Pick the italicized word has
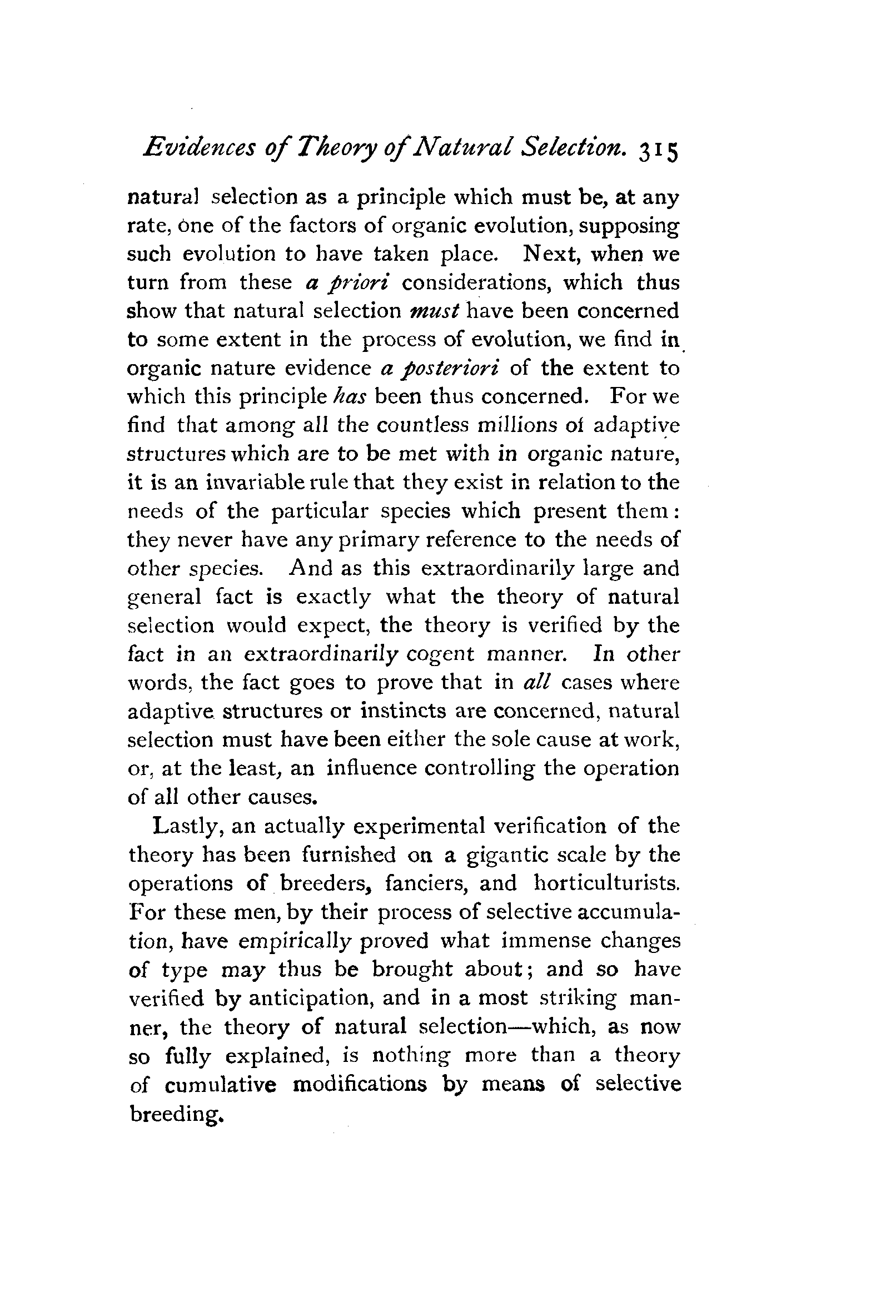[350, 398]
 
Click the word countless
[421, 425]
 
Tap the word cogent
[440, 654]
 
